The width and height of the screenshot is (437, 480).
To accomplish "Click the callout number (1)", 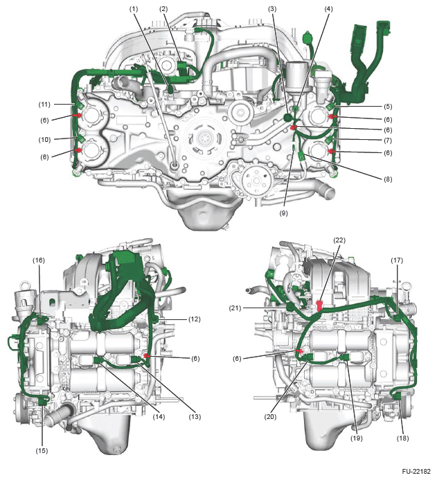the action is tap(133, 9).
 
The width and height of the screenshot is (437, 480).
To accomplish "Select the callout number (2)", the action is tap(163, 9).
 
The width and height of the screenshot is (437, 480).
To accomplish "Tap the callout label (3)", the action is tap(272, 9).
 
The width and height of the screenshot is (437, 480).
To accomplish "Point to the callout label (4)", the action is tap(328, 9).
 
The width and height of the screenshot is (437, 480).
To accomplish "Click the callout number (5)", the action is tap(388, 107).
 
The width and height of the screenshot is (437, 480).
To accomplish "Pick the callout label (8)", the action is tap(388, 179).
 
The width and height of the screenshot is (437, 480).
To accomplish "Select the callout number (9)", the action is tap(283, 213).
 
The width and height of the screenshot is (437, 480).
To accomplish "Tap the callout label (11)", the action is tap(44, 105).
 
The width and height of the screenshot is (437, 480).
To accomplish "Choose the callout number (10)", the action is tap(44, 140).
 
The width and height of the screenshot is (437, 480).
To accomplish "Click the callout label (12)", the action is tap(195, 319).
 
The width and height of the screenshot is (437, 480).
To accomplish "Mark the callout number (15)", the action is tap(42, 451).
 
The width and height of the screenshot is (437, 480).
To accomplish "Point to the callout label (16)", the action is tap(39, 260).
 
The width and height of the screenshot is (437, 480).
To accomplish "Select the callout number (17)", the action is tap(397, 260).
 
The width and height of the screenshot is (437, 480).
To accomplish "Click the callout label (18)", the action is tap(402, 438).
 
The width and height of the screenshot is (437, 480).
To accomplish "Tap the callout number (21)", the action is tap(235, 308).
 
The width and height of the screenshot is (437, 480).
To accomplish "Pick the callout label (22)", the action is tap(339, 240).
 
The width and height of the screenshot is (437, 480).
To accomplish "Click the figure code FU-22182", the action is tap(416, 472).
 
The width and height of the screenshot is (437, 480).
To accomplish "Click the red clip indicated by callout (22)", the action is tap(319, 306).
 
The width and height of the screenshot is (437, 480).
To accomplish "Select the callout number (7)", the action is tap(388, 141).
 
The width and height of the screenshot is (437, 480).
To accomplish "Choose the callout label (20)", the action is tap(270, 417).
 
